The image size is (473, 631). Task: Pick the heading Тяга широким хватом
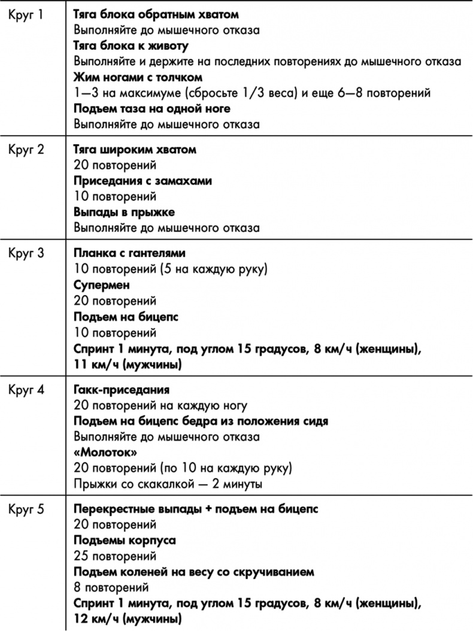(x=135, y=149)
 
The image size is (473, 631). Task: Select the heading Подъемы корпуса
(x=125, y=541)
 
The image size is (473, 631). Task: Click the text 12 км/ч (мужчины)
(x=128, y=618)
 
